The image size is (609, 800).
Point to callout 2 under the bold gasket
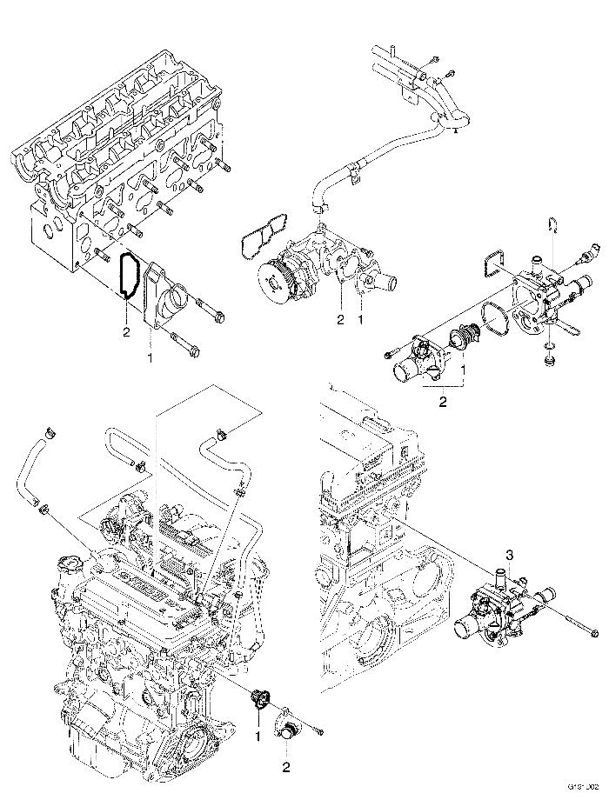coord(126,332)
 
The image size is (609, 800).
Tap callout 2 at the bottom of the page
coord(286,767)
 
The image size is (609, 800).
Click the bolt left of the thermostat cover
coord(387,355)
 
